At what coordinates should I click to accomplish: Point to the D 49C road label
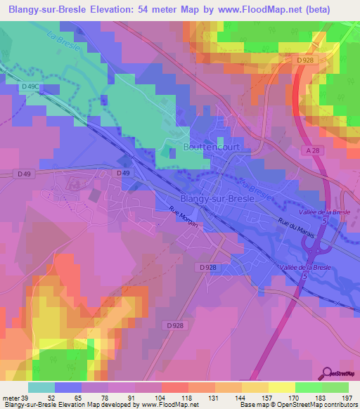point(30,86)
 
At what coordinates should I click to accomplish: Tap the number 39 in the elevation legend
point(27,397)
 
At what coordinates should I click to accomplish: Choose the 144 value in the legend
point(227,397)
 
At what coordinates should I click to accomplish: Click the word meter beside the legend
point(12,397)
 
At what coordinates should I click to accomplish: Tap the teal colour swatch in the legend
point(41,387)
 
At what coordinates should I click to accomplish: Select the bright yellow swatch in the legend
point(281,387)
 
